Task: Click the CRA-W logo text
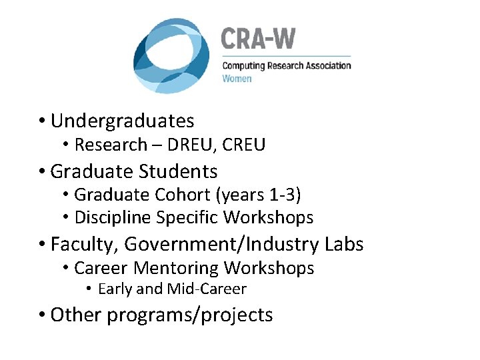(257, 39)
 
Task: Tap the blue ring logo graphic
(171, 56)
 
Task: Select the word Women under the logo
(237, 79)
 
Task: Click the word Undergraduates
(122, 121)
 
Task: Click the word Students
(178, 171)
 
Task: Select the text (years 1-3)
(261, 195)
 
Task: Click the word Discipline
(111, 217)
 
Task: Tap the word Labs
(345, 245)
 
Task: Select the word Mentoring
(177, 268)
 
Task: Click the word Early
(115, 289)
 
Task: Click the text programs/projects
(190, 315)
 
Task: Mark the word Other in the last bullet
(75, 315)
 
